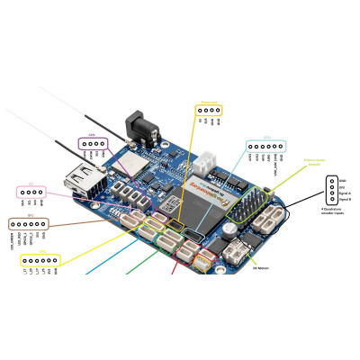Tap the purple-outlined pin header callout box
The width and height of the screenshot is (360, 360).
coord(94,143)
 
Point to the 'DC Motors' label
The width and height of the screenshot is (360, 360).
coord(261,267)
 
